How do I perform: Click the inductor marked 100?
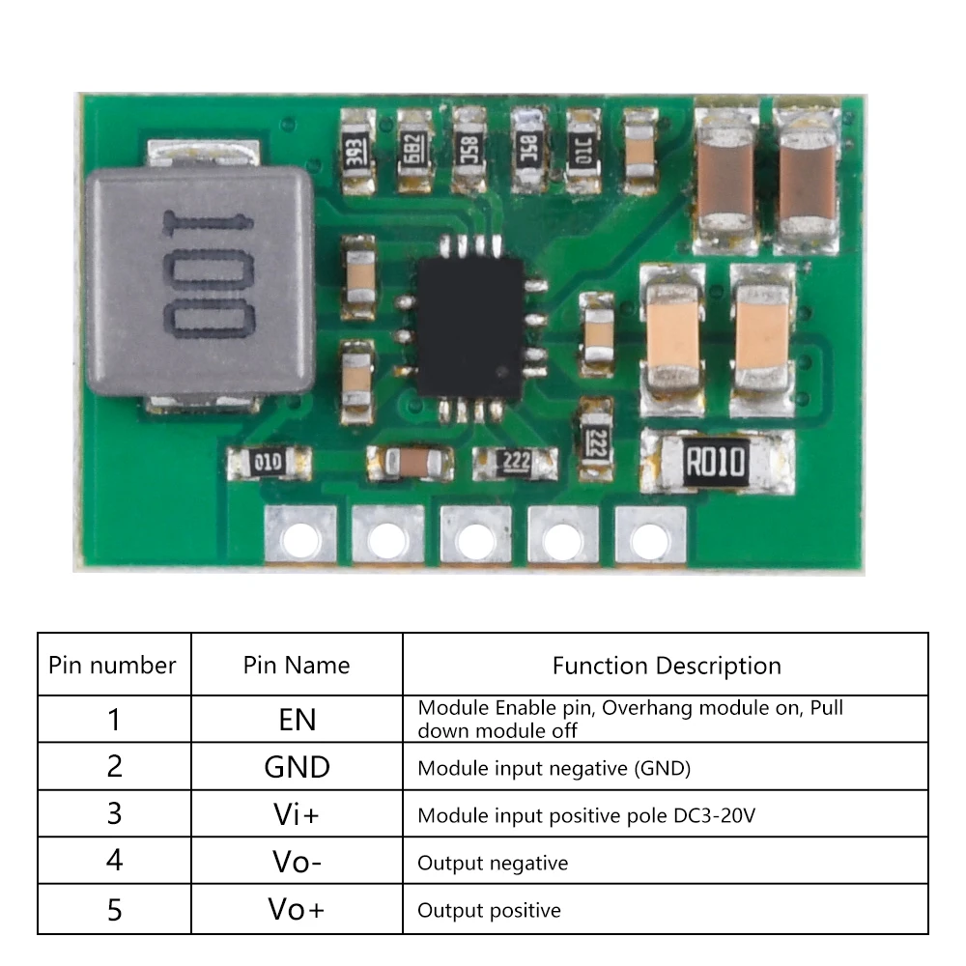point(201,280)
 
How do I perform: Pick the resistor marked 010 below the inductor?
point(268,462)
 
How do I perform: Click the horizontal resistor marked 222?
point(516,462)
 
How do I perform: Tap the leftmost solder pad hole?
point(300,534)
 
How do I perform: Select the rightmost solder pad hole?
point(650,534)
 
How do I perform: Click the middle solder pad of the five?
point(475,534)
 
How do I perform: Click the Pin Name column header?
point(297,665)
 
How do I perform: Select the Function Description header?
point(667,665)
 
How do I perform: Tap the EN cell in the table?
point(297,720)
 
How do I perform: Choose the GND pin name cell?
point(297,767)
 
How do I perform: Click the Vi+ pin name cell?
point(297,814)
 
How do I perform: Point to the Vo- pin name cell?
point(297,862)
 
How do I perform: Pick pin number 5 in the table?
point(114,910)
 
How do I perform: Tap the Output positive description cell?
point(489,910)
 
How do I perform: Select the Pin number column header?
point(113,665)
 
